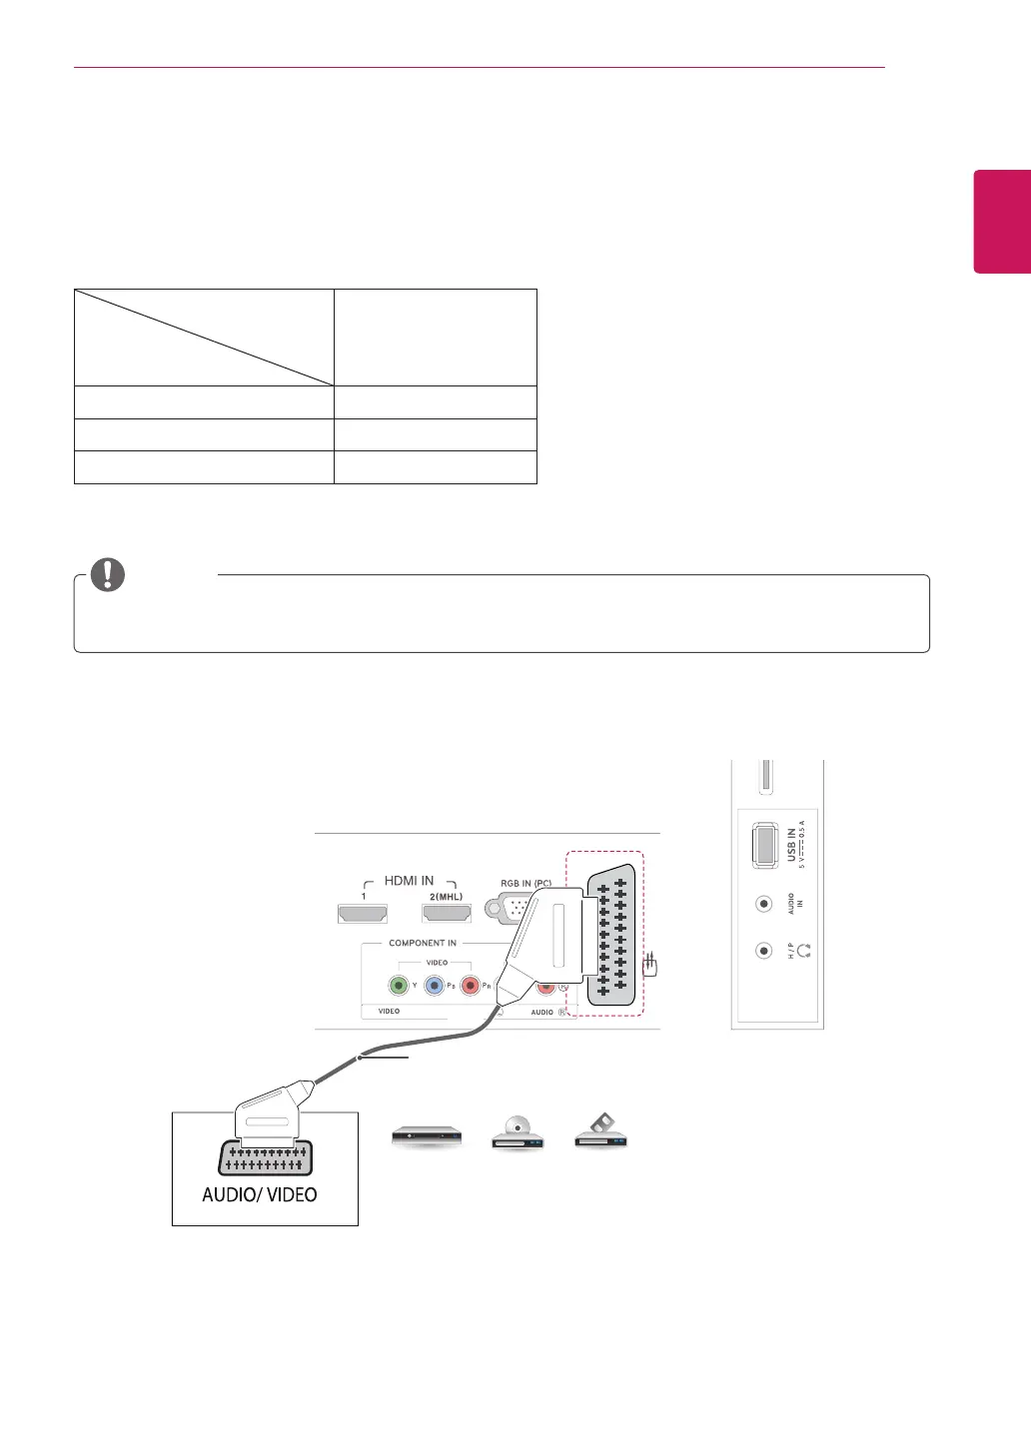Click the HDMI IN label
pyautogui.click(x=409, y=881)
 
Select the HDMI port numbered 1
pyautogui.click(x=363, y=912)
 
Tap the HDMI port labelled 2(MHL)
pyautogui.click(x=447, y=912)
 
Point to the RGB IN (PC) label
pyautogui.click(x=525, y=884)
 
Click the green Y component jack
pyautogui.click(x=400, y=986)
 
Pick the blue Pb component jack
pyautogui.click(x=435, y=986)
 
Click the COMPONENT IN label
pyautogui.click(x=423, y=943)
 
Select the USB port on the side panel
pyautogui.click(x=764, y=844)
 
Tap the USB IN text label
pyautogui.click(x=791, y=845)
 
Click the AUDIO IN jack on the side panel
pyautogui.click(x=764, y=904)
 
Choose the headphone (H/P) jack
pyautogui.click(x=764, y=951)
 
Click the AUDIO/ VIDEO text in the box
pyautogui.click(x=260, y=1194)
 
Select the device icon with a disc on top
pyautogui.click(x=516, y=1132)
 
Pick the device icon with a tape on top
pyautogui.click(x=600, y=1131)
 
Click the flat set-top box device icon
pyautogui.click(x=427, y=1135)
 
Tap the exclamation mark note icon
pyautogui.click(x=108, y=575)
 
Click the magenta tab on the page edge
pyautogui.click(x=1002, y=221)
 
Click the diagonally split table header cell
pyautogui.click(x=204, y=338)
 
